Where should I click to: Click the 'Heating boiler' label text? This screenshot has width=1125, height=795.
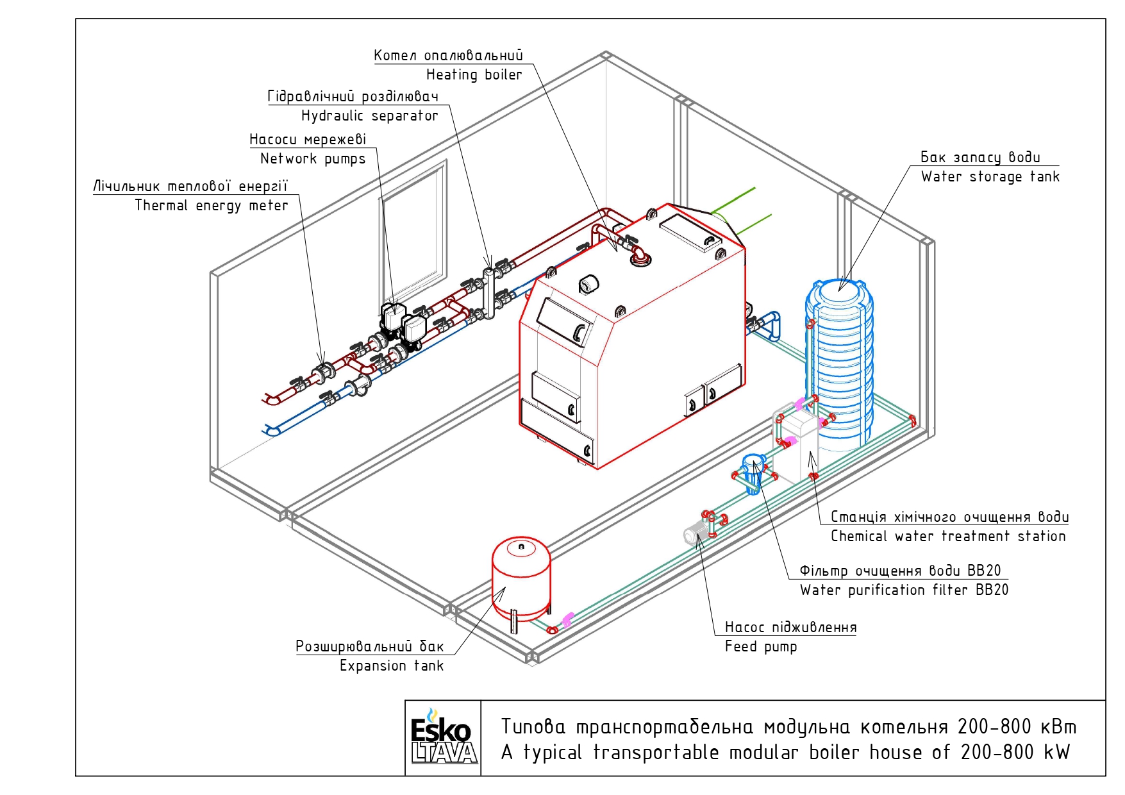(x=474, y=74)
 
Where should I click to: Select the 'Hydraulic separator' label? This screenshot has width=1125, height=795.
(x=369, y=115)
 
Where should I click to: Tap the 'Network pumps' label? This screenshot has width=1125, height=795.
(x=313, y=159)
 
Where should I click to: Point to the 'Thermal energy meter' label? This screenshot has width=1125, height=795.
(x=212, y=205)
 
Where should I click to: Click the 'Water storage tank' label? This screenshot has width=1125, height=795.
(x=990, y=176)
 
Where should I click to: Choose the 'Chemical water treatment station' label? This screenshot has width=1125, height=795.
(x=948, y=536)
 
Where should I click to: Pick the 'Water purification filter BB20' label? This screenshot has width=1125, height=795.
(x=904, y=590)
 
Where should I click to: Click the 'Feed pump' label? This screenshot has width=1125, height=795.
(x=761, y=646)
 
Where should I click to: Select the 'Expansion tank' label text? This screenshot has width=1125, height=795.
(x=392, y=665)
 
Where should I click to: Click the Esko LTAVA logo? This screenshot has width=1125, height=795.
(x=444, y=737)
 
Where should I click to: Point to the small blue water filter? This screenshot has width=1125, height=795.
(x=753, y=473)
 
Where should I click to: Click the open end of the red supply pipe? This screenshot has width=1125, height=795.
(x=271, y=399)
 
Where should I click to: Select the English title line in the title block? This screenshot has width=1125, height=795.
(x=785, y=752)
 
